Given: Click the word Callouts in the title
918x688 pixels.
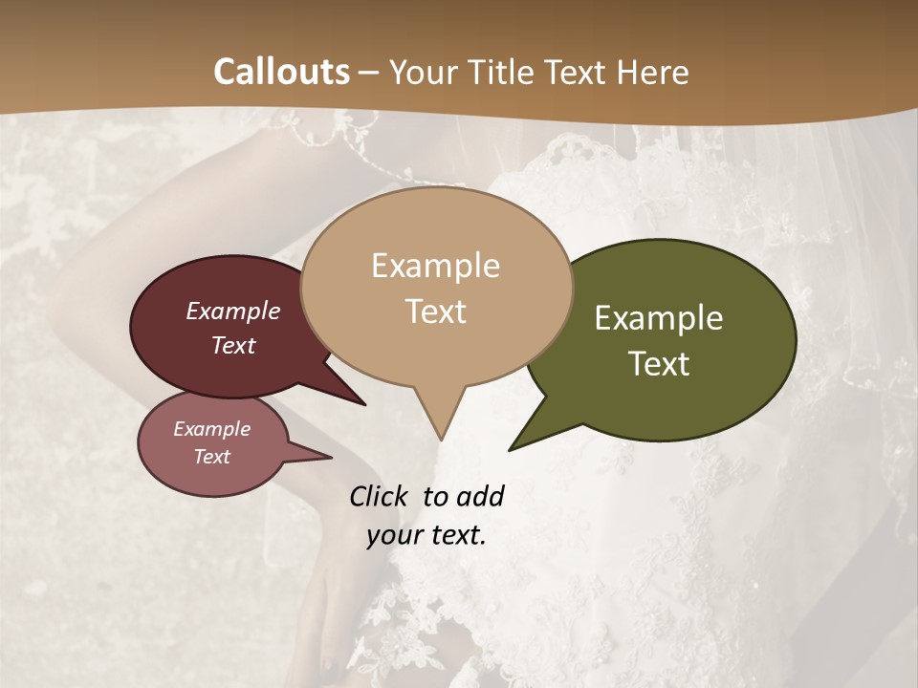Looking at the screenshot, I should tap(281, 72).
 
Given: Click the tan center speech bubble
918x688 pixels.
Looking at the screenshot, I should tap(436, 344).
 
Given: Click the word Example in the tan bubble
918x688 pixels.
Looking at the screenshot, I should tap(435, 266).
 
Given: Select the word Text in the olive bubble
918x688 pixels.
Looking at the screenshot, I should tap(659, 363).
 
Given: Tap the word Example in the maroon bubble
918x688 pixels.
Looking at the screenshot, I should tap(232, 311).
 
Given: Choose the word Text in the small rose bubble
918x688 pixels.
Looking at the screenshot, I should tap(211, 457).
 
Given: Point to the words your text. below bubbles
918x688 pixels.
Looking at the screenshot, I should tap(426, 535).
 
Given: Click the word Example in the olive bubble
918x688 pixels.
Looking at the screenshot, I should tap(659, 318).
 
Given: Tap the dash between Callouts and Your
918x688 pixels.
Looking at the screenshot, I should tap(369, 73).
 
